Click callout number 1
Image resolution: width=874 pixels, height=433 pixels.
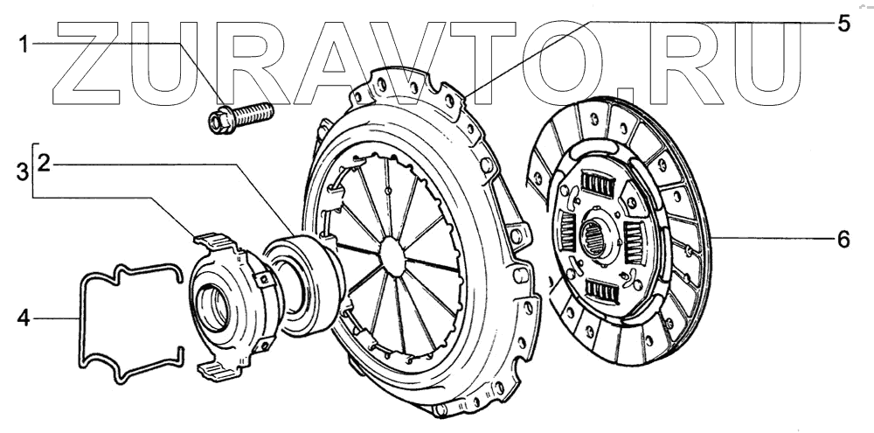tap(24, 45)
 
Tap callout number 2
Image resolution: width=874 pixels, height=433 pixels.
tap(45, 164)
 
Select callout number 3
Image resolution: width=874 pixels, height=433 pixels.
tap(23, 171)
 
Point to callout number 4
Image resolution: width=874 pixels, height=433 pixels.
tap(23, 318)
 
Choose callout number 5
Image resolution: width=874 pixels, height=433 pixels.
tap(843, 23)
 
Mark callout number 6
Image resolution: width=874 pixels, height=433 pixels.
tap(843, 240)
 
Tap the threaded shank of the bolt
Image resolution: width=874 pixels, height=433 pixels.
tap(252, 114)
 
